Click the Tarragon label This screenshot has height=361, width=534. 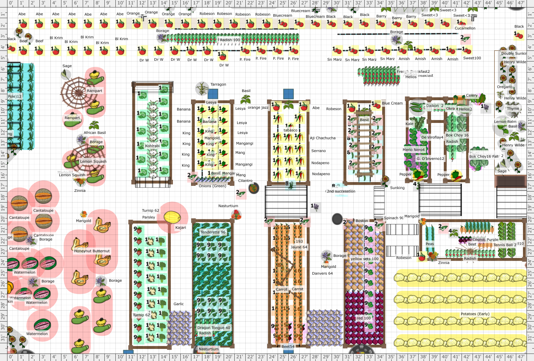click(218, 85)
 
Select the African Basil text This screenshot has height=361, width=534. click(94, 133)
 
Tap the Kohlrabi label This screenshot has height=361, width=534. click(152, 146)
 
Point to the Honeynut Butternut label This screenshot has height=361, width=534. click(92, 251)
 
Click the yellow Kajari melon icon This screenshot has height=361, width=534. click(172, 216)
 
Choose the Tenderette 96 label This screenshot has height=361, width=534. click(213, 232)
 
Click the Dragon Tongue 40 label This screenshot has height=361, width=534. click(214, 328)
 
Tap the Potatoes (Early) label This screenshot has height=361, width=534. click(475, 314)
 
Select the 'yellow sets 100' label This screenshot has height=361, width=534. click(364, 259)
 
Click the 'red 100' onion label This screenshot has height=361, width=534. click(363, 318)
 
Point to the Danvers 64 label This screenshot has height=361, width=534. click(322, 274)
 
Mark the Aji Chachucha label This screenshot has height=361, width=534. click(323, 138)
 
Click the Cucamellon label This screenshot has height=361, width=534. click(465, 28)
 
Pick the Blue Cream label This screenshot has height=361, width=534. click(392, 103)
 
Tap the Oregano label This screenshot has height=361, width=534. click(505, 87)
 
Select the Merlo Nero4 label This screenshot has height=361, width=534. click(414, 150)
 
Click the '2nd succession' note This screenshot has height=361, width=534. click(341, 192)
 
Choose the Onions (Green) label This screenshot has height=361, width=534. click(212, 186)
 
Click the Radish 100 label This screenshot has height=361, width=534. click(230, 40)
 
